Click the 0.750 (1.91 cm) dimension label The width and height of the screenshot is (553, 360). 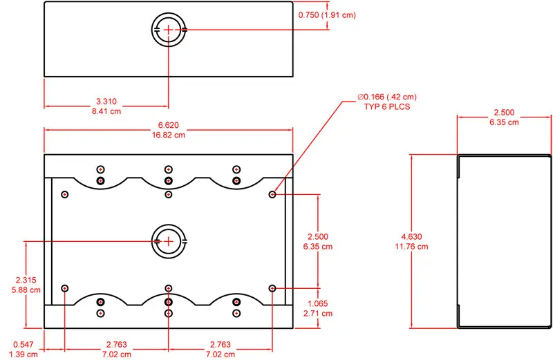[327, 15]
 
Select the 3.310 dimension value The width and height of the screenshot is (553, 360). [106, 102]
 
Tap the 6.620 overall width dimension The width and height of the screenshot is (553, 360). [168, 125]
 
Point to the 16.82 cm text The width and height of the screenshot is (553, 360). [168, 135]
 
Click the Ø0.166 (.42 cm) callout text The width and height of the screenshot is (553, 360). [387, 97]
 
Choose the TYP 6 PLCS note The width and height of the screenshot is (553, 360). [387, 107]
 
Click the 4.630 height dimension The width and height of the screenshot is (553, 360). [411, 236]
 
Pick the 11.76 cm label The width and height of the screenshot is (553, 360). [411, 247]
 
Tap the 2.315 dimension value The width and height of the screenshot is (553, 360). [26, 280]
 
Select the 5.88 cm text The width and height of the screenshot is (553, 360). [26, 290]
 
